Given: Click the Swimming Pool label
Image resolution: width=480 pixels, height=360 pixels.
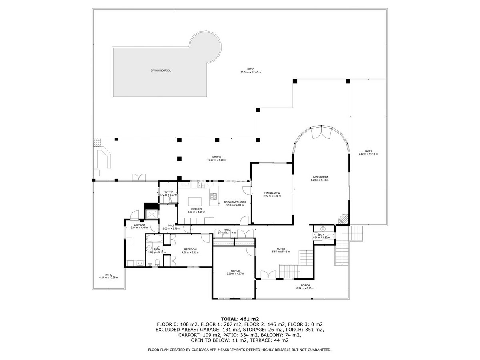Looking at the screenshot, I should (x=161, y=70).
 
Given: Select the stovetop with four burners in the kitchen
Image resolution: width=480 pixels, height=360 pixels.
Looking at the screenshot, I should (x=214, y=196).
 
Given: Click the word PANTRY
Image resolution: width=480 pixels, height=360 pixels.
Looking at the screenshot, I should (x=168, y=192).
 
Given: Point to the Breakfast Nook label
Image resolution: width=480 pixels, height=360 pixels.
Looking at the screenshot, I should (x=234, y=202).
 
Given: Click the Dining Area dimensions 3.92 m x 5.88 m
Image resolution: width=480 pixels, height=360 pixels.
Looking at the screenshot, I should (x=272, y=196).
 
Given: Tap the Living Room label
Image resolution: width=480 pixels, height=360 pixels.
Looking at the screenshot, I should (x=320, y=177).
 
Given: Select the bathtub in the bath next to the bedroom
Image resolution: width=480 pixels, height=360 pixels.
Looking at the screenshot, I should (x=154, y=239).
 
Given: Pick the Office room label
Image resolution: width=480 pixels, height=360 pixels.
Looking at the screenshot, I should (x=235, y=271).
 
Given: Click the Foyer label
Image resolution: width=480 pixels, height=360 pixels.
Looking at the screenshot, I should (x=280, y=248).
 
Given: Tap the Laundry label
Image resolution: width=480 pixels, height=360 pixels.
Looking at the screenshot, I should (x=139, y=225).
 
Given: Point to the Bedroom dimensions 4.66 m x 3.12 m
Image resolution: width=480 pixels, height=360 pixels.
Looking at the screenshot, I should (x=190, y=252).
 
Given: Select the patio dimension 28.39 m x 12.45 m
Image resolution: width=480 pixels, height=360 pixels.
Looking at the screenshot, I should (x=250, y=72).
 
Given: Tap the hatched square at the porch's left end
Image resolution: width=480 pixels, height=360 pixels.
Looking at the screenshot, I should (x=98, y=142).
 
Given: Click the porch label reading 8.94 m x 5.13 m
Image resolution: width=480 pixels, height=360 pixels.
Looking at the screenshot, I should (x=305, y=288).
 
